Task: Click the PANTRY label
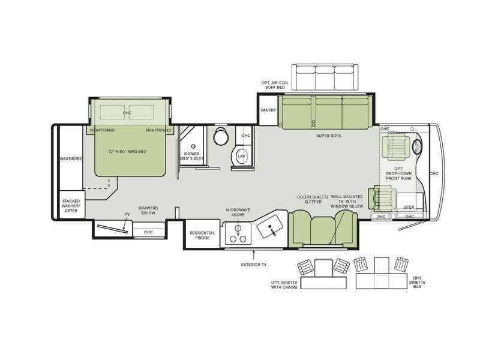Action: (268, 110)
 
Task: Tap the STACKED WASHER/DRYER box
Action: (71, 205)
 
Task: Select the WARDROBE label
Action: (71, 159)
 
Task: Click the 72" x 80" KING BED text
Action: (127, 152)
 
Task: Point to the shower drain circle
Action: (193, 146)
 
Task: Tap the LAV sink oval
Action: (242, 156)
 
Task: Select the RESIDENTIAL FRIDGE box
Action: (202, 234)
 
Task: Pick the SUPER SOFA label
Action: (328, 136)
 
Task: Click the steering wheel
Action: (417, 146)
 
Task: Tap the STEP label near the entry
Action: (409, 207)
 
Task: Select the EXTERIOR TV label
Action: (254, 265)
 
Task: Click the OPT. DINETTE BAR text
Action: (417, 282)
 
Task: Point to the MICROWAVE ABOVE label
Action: (238, 212)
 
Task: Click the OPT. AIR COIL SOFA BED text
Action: (275, 85)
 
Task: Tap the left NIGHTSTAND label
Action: (103, 130)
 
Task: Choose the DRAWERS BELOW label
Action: (148, 211)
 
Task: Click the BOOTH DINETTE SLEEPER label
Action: (313, 200)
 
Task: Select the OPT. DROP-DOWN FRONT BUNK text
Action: (398, 173)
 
